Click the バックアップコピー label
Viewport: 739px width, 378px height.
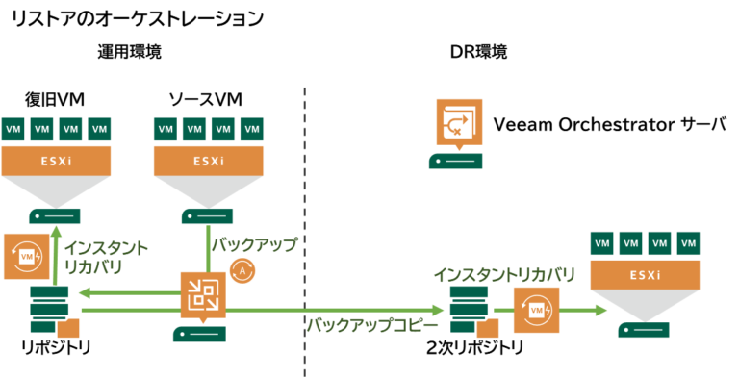(372, 325)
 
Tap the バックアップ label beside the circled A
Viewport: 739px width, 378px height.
(254, 244)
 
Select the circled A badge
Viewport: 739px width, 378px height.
(242, 270)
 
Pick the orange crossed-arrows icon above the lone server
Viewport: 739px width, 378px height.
(459, 121)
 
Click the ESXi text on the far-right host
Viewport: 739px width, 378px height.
(645, 275)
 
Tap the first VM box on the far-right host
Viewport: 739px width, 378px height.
(603, 243)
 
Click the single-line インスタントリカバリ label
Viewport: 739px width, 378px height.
(503, 275)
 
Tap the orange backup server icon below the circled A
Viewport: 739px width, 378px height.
(203, 293)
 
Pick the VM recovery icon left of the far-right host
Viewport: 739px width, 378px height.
(536, 310)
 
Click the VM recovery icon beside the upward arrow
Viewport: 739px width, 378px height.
(26, 256)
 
